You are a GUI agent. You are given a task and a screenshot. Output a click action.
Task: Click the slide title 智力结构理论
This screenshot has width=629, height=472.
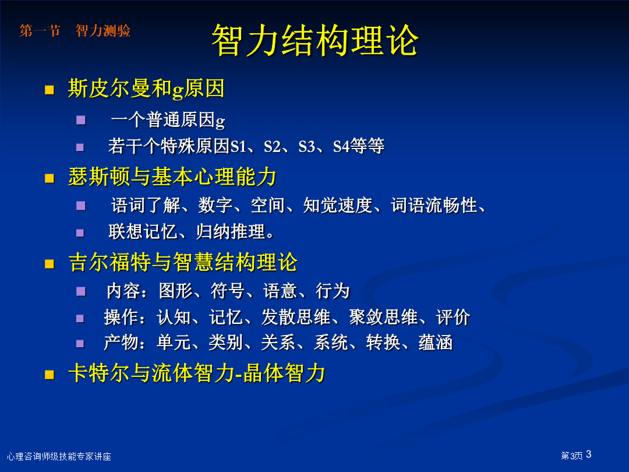tap(315, 40)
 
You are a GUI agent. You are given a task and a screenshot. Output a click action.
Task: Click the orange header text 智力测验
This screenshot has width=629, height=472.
tap(103, 30)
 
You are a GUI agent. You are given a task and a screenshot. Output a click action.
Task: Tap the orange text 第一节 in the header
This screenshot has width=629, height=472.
tap(40, 30)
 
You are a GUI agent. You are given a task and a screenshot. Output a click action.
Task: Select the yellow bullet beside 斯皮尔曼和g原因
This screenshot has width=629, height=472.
tap(50, 90)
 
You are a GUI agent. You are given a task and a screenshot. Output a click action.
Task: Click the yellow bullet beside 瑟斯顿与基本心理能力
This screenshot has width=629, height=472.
tap(50, 178)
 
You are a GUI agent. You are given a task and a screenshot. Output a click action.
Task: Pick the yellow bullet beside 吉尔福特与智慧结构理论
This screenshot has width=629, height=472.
tap(50, 264)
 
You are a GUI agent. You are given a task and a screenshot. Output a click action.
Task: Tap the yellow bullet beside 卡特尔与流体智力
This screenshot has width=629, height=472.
tap(50, 375)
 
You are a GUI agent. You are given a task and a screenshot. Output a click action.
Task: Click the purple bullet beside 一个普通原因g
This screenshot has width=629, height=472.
tap(80, 120)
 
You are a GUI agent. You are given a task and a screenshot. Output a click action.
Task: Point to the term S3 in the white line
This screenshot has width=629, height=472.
tap(307, 146)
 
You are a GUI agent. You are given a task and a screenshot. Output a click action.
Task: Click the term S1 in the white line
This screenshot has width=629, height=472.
tap(238, 146)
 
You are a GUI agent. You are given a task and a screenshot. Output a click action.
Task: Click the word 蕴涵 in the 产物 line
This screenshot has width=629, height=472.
tap(436, 343)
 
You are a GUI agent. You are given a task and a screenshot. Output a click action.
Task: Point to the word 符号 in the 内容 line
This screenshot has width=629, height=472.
tap(228, 291)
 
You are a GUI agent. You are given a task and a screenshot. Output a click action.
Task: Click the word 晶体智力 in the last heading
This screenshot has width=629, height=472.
tap(284, 374)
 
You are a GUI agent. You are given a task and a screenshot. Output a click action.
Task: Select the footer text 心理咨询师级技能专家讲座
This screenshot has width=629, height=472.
tap(59, 456)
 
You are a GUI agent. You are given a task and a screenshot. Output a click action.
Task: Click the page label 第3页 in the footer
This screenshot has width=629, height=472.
tap(572, 456)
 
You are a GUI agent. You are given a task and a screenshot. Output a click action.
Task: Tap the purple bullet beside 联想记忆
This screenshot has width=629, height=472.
tap(80, 233)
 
